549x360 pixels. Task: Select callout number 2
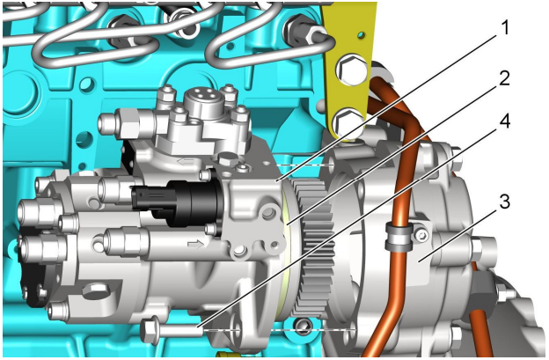(x=504, y=79)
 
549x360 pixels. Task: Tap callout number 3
(x=504, y=202)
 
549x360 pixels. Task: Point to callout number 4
(x=504, y=121)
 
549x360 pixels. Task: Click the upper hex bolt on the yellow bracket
(x=352, y=70)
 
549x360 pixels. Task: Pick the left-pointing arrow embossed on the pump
(x=186, y=161)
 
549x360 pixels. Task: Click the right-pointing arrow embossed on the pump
(x=195, y=244)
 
